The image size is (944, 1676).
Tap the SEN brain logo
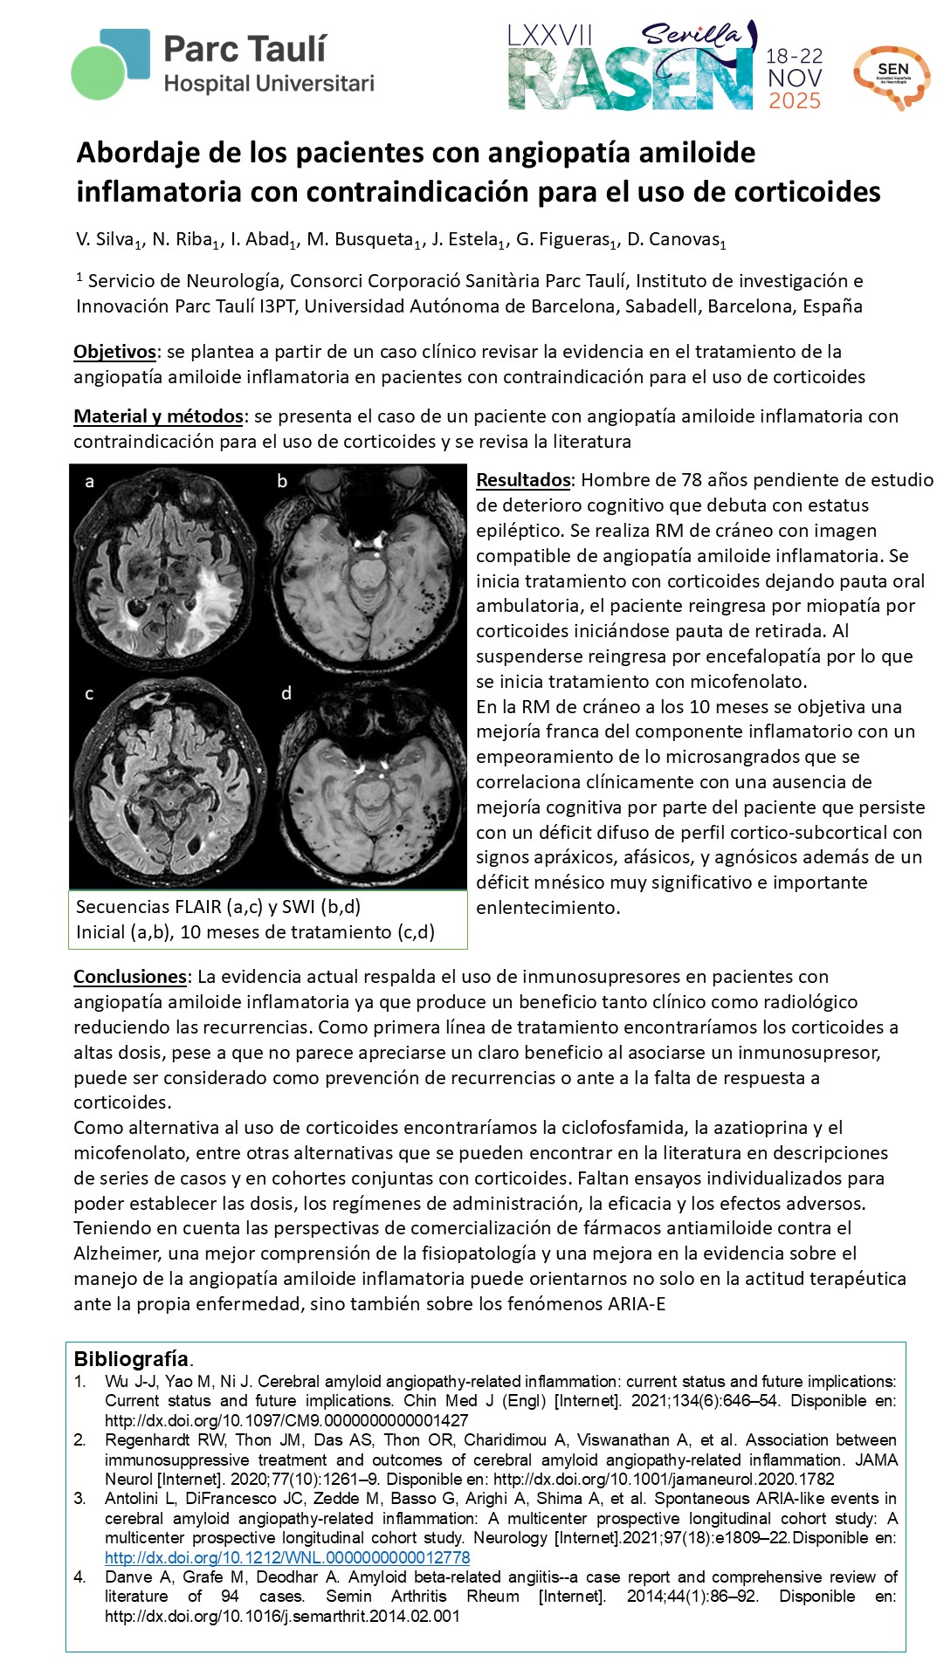pos(891,76)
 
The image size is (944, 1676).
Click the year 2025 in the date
pos(794,101)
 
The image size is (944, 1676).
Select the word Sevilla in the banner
pos(691,35)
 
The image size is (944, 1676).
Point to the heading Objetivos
pos(114,352)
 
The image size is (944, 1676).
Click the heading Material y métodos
pos(158,416)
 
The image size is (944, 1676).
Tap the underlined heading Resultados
pos(523,480)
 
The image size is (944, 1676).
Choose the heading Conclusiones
pos(130,977)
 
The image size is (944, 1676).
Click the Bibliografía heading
pos(131,1359)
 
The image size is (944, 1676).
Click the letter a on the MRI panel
pos(89,481)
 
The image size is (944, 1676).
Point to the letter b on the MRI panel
pos(282,481)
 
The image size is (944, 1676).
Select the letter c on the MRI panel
pos(89,694)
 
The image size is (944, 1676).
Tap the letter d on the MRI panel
pos(286,693)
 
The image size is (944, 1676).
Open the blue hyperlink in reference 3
pos(287,1557)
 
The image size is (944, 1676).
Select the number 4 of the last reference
pos(79,1576)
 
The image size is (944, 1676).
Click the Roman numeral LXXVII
pos(549,35)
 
